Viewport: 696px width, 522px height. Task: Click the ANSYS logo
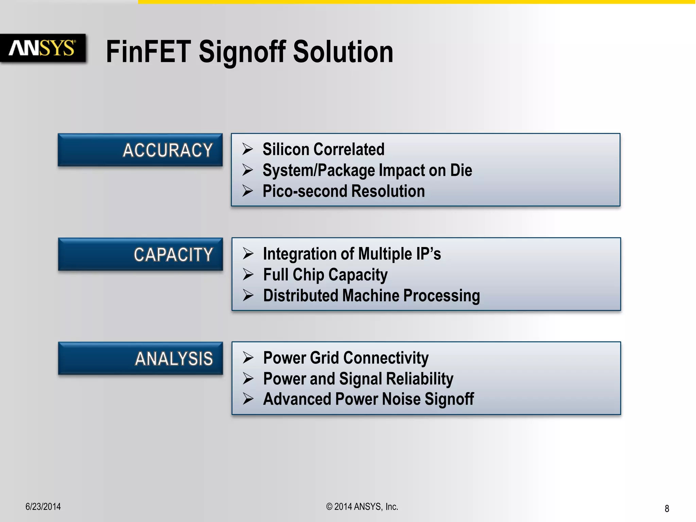(42, 48)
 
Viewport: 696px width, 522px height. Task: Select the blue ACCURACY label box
(140, 150)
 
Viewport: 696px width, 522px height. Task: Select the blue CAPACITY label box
(140, 254)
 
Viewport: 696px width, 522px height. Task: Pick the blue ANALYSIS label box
(140, 358)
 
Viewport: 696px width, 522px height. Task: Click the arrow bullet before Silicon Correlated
(247, 149)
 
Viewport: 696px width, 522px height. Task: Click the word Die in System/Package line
(461, 170)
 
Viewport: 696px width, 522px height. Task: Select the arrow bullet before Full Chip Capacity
(248, 275)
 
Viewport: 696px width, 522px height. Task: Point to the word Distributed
(300, 295)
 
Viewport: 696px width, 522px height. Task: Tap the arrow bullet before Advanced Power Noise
(248, 399)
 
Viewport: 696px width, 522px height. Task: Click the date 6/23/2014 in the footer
(43, 507)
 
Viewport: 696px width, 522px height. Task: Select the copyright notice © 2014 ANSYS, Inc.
(362, 507)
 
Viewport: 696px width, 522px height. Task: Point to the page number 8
(667, 508)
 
